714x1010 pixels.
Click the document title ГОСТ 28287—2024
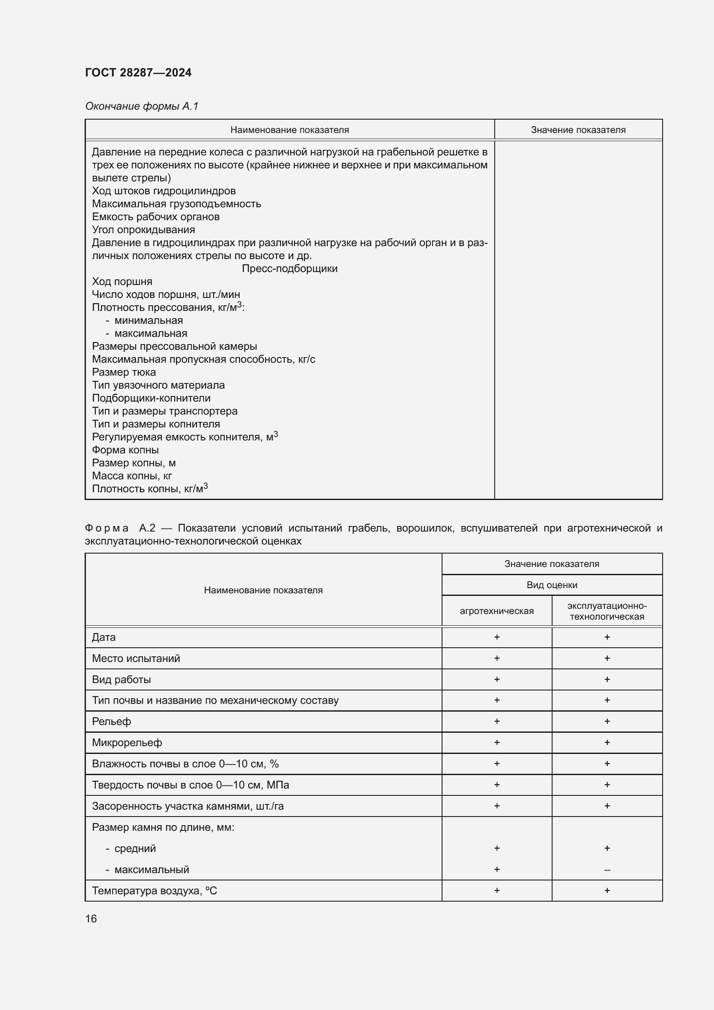coord(138,73)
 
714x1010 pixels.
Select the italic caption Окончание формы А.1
coord(142,106)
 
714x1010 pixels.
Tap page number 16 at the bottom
coord(91,918)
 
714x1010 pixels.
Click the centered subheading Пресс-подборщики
coord(289,268)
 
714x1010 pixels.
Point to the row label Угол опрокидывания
coord(143,230)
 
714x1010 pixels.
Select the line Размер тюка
coord(123,372)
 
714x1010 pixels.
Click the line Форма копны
coord(125,450)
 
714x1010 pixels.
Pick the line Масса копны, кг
coord(132,475)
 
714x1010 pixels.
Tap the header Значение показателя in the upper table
coord(578,130)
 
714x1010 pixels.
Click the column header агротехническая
coord(496,611)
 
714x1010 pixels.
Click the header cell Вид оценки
coord(552,585)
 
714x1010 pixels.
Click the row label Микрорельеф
coord(126,743)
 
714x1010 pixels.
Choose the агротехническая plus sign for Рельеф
coord(496,721)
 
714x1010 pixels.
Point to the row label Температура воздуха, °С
coord(154,891)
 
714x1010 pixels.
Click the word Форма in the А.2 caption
coord(107,528)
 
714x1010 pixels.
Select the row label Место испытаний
coord(136,658)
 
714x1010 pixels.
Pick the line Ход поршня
coord(122,282)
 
